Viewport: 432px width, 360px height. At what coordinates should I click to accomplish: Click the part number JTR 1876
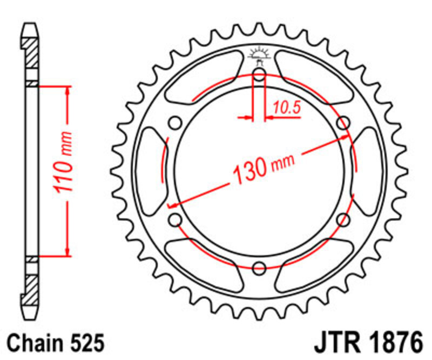(x=366, y=343)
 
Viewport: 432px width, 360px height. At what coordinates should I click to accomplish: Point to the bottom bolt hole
(x=259, y=266)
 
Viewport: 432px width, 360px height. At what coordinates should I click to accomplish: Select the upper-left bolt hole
(x=175, y=123)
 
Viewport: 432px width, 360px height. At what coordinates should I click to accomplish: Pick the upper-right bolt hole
(x=343, y=123)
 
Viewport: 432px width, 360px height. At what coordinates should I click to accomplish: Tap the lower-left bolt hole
(x=175, y=219)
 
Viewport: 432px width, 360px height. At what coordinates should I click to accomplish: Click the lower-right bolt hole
(x=343, y=219)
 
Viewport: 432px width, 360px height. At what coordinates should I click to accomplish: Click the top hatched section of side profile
(x=31, y=53)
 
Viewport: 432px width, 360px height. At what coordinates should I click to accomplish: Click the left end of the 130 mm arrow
(x=172, y=205)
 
